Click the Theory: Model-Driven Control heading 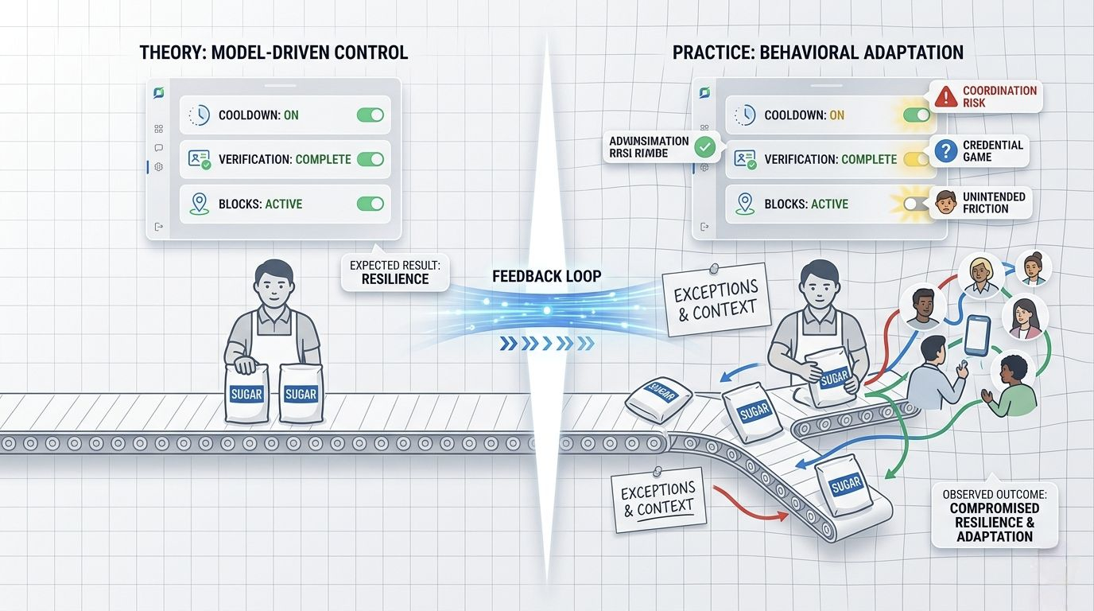(273, 53)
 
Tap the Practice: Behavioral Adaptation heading (817, 53)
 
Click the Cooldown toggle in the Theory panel (370, 115)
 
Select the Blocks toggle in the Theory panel (370, 204)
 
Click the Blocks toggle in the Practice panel (916, 204)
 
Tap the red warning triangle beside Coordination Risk (945, 97)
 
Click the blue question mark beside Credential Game (945, 151)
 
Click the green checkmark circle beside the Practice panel (704, 147)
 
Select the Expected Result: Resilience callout (395, 272)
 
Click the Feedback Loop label (546, 277)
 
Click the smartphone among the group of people (977, 335)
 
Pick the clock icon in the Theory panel (198, 115)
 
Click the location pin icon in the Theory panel (198, 204)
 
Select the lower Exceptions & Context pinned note (658, 499)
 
